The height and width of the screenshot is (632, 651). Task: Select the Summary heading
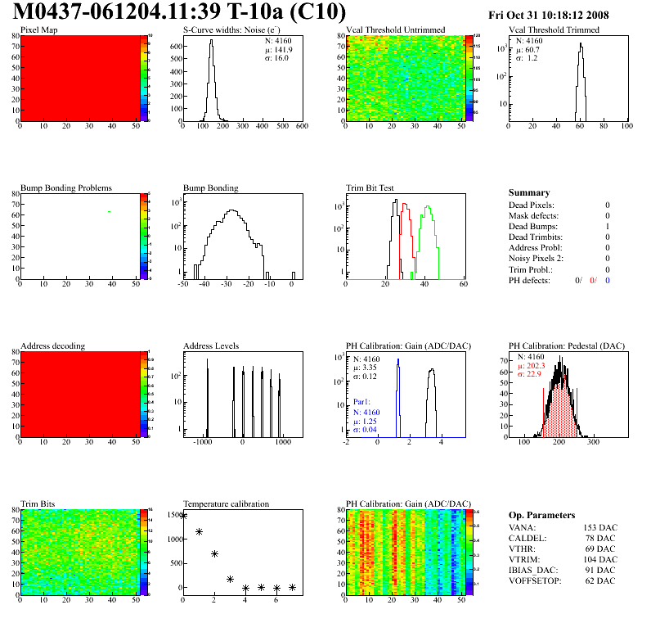click(x=528, y=192)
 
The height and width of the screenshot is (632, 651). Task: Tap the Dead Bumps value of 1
click(x=608, y=226)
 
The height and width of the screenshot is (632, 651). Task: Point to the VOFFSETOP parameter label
click(x=536, y=580)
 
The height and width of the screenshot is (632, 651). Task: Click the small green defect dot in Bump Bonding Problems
click(x=109, y=211)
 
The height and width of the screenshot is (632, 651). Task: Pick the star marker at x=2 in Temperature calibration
click(x=214, y=553)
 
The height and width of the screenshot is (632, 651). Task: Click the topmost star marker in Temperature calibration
click(x=183, y=515)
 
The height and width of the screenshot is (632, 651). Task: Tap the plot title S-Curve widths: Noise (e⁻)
click(x=228, y=30)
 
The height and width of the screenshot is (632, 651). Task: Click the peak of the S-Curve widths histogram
click(x=211, y=42)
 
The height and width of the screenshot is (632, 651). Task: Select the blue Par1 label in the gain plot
click(x=362, y=402)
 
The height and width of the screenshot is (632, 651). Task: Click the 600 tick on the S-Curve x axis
click(x=300, y=127)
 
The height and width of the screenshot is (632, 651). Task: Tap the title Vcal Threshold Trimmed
click(x=554, y=30)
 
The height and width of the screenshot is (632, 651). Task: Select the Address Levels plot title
click(x=212, y=346)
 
